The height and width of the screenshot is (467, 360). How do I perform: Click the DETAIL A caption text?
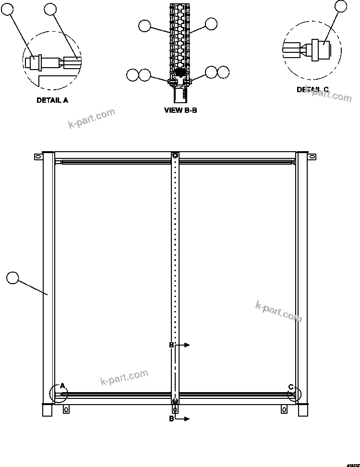pyautogui.click(x=52, y=101)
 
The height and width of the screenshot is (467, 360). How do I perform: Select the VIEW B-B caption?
pyautogui.click(x=180, y=110)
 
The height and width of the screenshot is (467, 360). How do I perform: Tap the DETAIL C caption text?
pyautogui.click(x=312, y=90)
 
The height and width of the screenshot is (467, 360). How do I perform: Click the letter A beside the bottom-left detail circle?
pyautogui.click(x=61, y=386)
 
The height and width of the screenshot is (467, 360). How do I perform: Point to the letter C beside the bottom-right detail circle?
pyautogui.click(x=290, y=386)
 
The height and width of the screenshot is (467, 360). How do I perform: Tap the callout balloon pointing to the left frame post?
pyautogui.click(x=13, y=277)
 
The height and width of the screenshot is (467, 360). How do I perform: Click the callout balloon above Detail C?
pyautogui.click(x=340, y=6)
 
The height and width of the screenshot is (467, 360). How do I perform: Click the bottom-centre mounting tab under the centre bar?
pyautogui.click(x=175, y=409)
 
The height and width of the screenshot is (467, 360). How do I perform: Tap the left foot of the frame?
pyautogui.click(x=47, y=410)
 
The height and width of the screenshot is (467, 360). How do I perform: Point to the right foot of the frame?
pyautogui.click(x=302, y=410)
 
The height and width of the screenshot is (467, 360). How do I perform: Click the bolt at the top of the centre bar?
pyautogui.click(x=175, y=156)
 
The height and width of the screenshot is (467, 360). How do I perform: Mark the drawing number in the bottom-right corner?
pyautogui.click(x=351, y=461)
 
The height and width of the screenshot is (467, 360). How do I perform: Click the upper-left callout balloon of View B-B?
pyautogui.click(x=144, y=26)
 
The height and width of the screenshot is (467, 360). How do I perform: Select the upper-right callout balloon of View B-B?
pyautogui.click(x=211, y=24)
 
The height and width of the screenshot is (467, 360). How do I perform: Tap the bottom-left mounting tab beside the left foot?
pyautogui.click(x=66, y=409)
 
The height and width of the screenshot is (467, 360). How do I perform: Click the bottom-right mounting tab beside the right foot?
pyautogui.click(x=284, y=409)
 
